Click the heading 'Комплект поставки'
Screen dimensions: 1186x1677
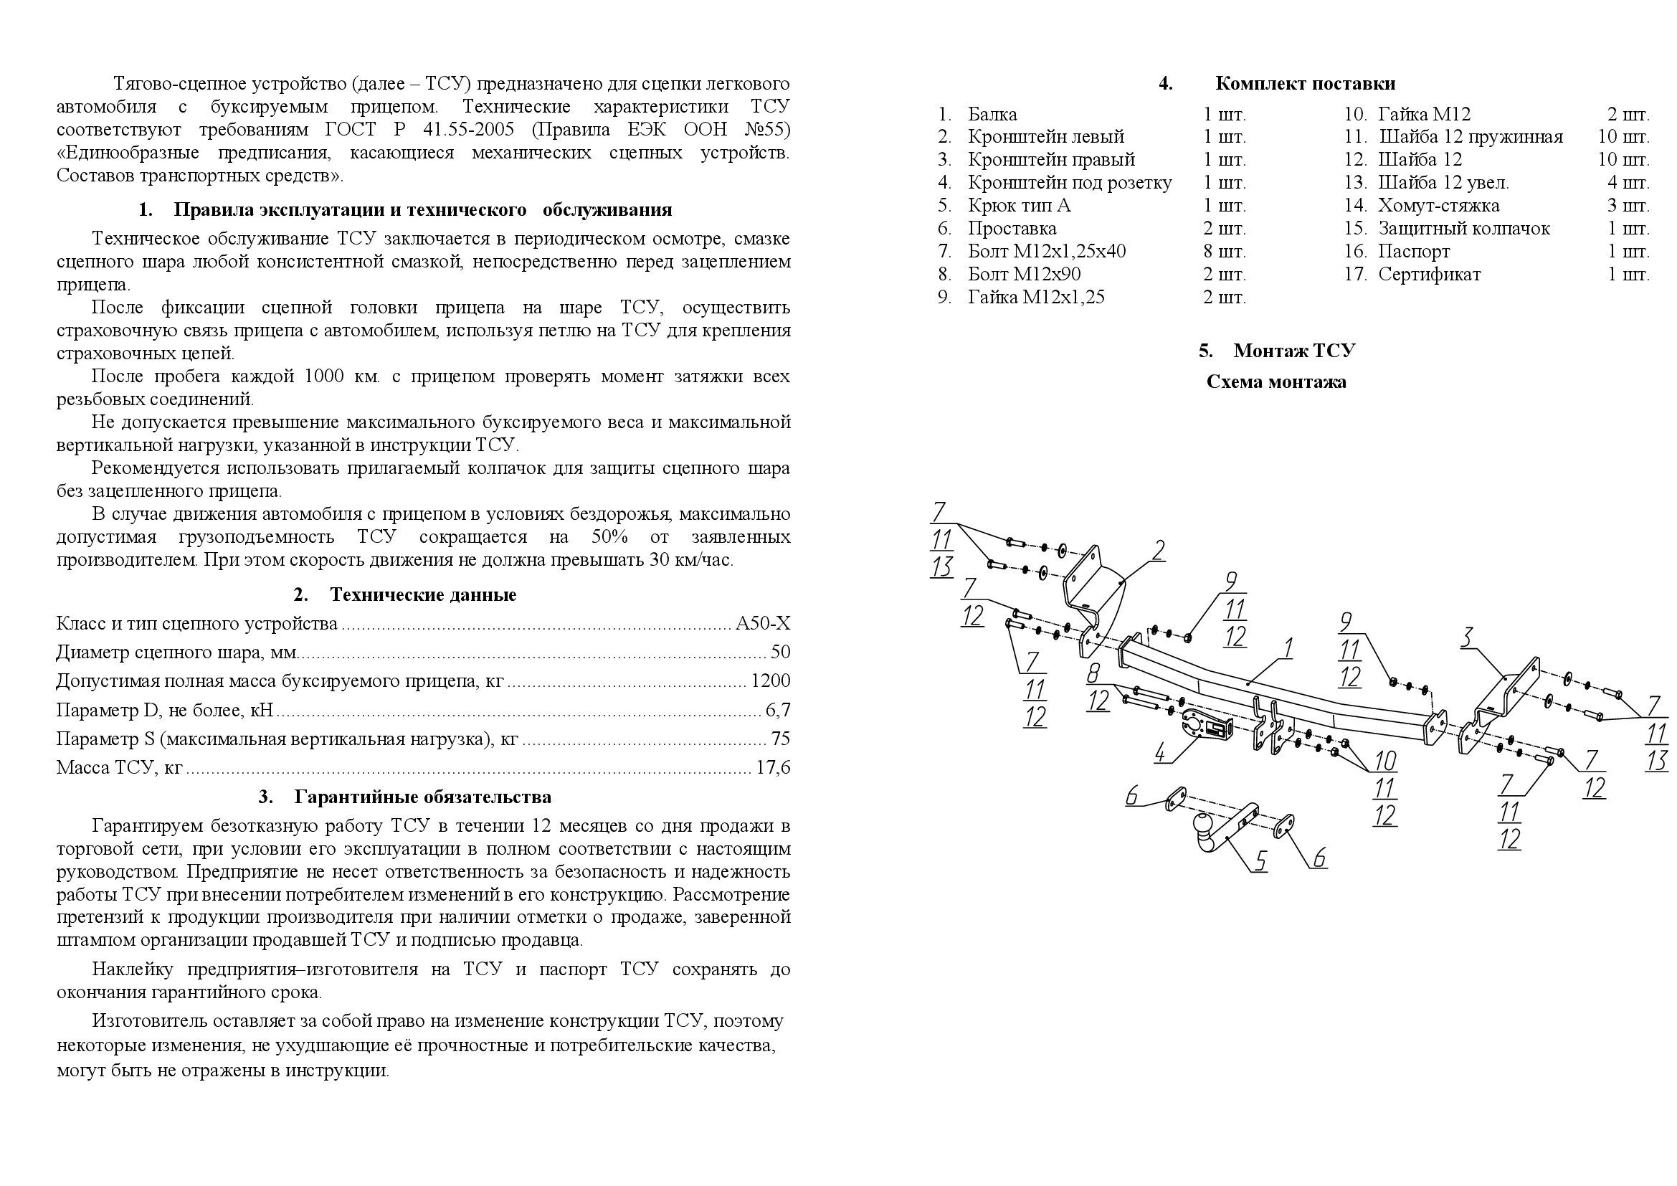coord(1304,84)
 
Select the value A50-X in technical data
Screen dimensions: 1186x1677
coord(763,624)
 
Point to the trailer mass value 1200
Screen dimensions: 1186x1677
coord(771,681)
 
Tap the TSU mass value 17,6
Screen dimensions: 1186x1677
coord(774,767)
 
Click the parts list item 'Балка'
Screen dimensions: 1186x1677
coord(992,115)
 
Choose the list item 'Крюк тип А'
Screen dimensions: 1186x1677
coord(1019,206)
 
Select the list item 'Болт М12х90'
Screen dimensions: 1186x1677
coord(1024,275)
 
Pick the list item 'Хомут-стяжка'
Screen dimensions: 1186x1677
coord(1438,206)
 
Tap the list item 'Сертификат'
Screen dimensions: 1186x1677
coord(1429,275)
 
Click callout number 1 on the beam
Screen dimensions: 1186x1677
coord(1288,647)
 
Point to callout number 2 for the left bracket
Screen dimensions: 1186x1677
coord(1159,550)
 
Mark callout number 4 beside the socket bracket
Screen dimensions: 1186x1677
coord(1161,752)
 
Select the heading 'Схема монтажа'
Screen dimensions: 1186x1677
coord(1276,382)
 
